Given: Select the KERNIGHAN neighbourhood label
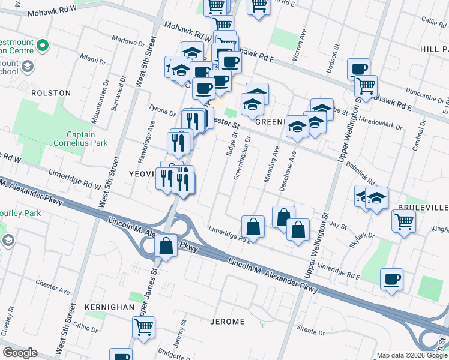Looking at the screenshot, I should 110,307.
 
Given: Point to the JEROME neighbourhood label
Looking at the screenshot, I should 228,322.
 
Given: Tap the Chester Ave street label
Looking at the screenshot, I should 52,282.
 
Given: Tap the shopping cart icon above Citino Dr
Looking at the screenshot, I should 143,327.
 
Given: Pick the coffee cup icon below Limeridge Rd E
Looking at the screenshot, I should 391,279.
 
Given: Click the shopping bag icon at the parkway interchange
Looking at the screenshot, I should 166,246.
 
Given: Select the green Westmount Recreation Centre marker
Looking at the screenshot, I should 42,46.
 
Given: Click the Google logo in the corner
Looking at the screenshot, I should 20,353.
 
